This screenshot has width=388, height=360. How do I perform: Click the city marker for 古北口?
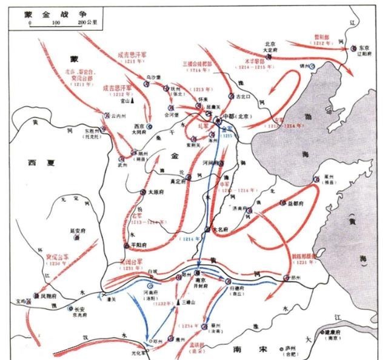(231, 96)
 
